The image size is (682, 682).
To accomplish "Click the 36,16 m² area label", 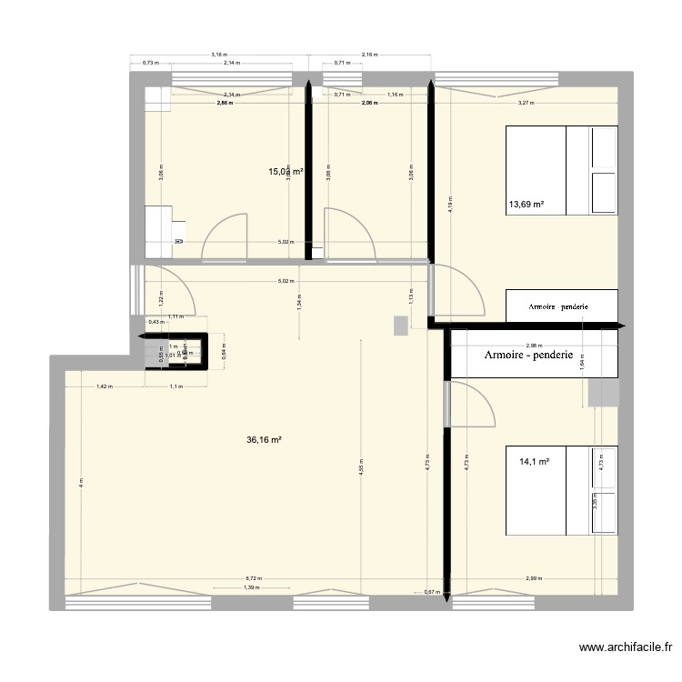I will (x=264, y=439).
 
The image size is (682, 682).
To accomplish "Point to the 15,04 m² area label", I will (x=285, y=170).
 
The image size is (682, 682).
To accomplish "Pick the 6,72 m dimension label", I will (x=253, y=578).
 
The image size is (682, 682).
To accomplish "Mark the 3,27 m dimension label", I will (x=526, y=103).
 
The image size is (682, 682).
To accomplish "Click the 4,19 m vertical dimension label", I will (x=449, y=206).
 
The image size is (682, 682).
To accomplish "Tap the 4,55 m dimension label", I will (x=361, y=471).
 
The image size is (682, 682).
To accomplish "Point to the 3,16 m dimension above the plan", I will (x=218, y=55).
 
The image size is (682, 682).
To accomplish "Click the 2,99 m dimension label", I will (x=534, y=578).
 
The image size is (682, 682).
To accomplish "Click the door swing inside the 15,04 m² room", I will (x=224, y=235).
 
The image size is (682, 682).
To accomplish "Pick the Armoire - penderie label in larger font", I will (x=528, y=355).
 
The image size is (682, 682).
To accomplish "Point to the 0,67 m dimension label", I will (x=431, y=593).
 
